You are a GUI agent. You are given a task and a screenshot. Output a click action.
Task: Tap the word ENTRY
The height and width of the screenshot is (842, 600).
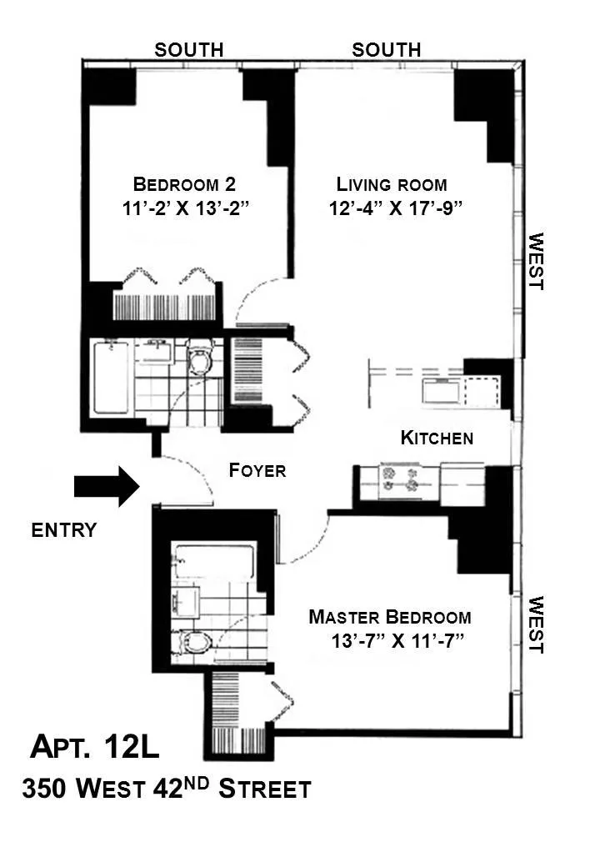tap(64, 530)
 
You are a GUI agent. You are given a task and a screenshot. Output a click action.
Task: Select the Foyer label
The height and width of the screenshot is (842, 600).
tap(257, 470)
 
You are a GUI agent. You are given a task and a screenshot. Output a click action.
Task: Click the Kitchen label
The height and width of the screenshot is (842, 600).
tap(437, 438)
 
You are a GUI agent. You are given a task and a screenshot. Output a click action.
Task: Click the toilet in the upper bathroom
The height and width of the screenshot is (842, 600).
tap(201, 358)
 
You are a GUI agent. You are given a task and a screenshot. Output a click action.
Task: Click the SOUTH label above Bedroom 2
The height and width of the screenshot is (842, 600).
tap(189, 50)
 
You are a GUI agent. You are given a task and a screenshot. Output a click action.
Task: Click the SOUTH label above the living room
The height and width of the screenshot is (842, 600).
tap(386, 50)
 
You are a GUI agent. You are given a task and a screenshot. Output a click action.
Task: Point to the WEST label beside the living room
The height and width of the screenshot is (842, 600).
tap(536, 261)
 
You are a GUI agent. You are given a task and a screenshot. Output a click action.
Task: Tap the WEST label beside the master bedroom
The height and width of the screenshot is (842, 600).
tap(536, 624)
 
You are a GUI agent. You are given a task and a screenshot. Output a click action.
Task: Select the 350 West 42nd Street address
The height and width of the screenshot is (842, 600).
tap(167, 788)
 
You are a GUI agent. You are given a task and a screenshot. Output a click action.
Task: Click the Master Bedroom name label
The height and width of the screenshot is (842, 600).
tap(390, 617)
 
